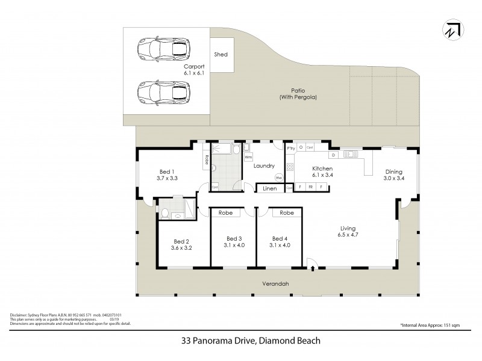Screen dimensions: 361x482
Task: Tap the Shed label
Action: (221, 55)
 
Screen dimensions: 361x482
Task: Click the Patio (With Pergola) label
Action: (298, 94)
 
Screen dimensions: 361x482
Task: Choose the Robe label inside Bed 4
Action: (286, 213)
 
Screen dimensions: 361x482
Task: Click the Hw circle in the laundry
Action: (279, 178)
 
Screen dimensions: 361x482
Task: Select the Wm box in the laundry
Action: (248, 158)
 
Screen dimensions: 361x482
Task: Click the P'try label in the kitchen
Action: (290, 148)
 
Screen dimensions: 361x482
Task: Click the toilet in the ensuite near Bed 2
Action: (165, 212)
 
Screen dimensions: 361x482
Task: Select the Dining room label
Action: (395, 170)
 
